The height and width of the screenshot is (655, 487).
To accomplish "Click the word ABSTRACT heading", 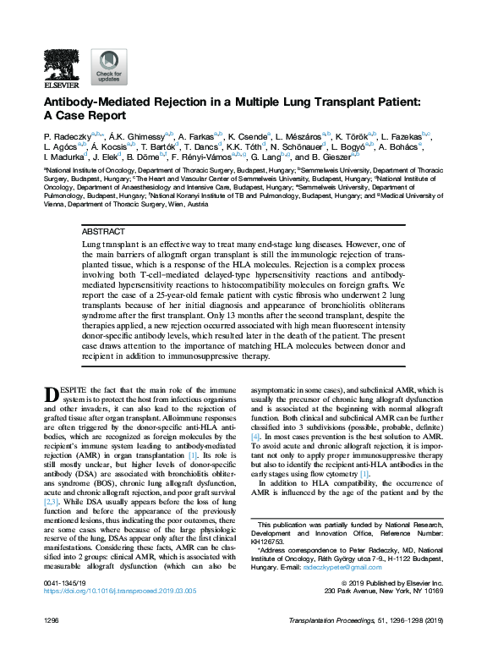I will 104,231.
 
